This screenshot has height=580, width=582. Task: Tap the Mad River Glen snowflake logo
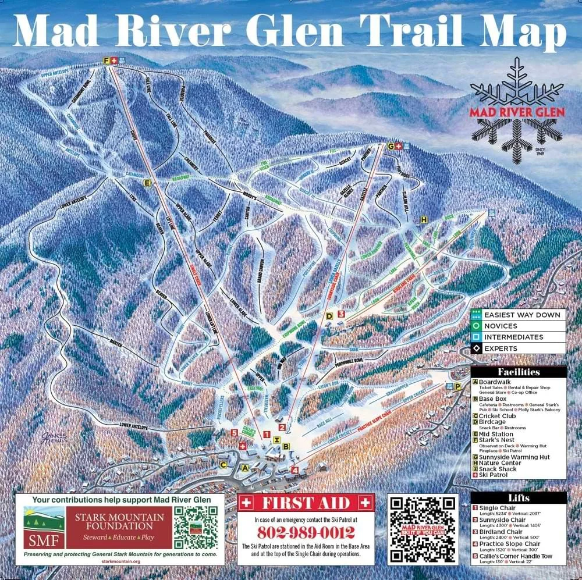(x=517, y=111)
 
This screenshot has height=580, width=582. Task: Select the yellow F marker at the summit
(x=107, y=61)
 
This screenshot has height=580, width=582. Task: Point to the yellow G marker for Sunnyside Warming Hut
(x=391, y=146)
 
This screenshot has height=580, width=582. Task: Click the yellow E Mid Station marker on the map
(x=147, y=183)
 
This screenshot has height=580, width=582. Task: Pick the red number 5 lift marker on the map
(x=234, y=432)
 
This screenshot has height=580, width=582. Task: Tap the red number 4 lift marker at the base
(x=295, y=470)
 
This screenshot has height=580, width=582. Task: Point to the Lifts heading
(x=518, y=498)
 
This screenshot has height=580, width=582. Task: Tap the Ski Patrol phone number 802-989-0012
(x=306, y=532)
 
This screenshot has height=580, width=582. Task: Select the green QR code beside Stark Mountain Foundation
(x=196, y=527)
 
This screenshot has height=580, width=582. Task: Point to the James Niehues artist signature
(x=54, y=437)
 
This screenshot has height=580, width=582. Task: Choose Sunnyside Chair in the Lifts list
(x=502, y=519)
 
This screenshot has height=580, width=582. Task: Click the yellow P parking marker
(x=457, y=386)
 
